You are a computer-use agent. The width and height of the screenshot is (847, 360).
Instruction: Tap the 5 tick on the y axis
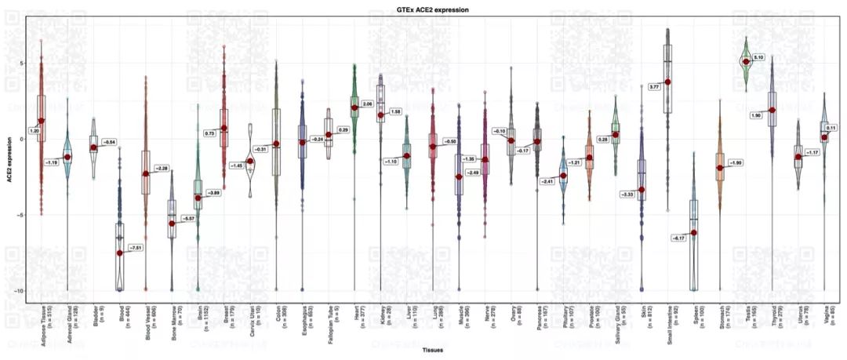click(24, 64)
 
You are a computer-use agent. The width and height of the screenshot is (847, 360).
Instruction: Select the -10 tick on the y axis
click(22, 290)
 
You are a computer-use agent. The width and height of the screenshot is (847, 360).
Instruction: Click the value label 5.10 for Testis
click(758, 58)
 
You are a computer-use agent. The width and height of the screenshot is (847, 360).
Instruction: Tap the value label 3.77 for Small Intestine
click(654, 86)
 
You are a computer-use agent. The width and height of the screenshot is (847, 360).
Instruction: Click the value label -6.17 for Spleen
click(679, 237)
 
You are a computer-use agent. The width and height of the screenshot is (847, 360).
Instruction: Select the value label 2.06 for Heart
click(368, 104)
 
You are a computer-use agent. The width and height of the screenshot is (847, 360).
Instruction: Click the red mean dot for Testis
click(746, 61)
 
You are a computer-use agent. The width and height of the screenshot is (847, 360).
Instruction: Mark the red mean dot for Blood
click(120, 253)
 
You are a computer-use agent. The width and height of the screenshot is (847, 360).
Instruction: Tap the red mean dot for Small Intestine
click(667, 82)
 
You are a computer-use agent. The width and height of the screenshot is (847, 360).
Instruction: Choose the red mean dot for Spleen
click(693, 233)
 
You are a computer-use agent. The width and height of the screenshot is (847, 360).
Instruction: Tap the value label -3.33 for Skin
click(627, 194)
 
